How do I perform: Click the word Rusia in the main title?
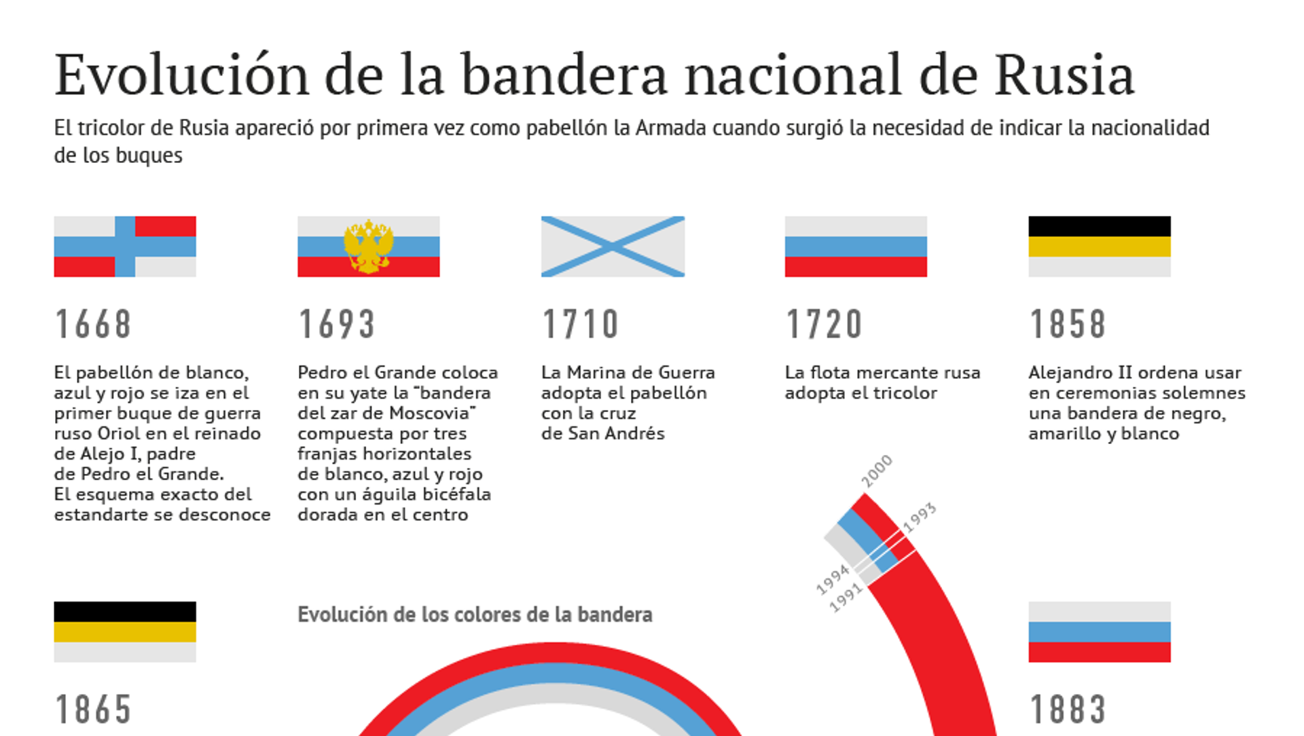click(1064, 75)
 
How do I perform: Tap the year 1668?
click(93, 324)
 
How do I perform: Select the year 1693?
click(337, 324)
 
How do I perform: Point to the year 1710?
click(581, 324)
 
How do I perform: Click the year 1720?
click(825, 324)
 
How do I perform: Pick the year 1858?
click(1068, 324)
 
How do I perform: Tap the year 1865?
click(93, 710)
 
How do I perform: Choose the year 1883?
click(1068, 710)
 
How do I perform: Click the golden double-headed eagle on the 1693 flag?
click(369, 246)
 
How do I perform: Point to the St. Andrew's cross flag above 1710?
click(613, 246)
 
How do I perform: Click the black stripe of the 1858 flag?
click(1100, 226)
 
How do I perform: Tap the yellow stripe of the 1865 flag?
click(125, 632)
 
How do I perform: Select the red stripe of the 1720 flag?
click(856, 267)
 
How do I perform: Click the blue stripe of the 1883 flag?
click(1100, 632)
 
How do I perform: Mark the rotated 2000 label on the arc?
click(877, 471)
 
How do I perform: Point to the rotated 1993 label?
click(920, 518)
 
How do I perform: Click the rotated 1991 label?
click(846, 598)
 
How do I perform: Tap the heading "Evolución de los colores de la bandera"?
click(475, 614)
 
